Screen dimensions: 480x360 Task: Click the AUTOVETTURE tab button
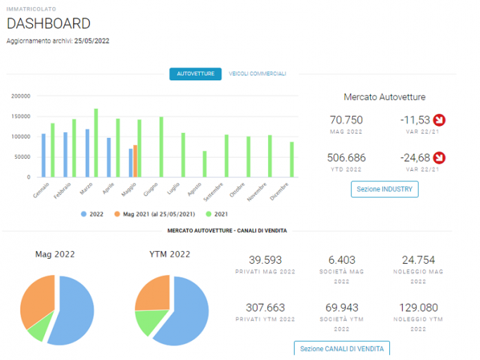tap(195, 74)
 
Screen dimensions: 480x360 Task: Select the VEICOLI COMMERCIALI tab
tap(258, 74)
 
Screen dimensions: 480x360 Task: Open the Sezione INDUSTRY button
tap(384, 189)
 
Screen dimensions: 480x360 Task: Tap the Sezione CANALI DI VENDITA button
tap(341, 348)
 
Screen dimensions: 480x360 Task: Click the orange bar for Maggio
tap(135, 161)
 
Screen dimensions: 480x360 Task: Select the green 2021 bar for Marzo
tap(96, 143)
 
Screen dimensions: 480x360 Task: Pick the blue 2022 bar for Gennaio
tap(44, 155)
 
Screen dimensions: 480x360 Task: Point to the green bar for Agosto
tap(205, 164)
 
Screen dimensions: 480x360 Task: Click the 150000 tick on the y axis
tap(21, 116)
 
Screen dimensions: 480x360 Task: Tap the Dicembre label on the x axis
tap(279, 191)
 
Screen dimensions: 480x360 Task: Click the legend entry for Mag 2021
tap(155, 214)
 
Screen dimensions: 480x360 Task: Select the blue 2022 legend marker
tap(84, 214)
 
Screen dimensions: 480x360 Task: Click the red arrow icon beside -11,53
tap(439, 120)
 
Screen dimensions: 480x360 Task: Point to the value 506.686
tap(346, 157)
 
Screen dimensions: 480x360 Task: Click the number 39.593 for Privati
tap(265, 260)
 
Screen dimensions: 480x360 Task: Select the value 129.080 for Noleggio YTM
tap(418, 308)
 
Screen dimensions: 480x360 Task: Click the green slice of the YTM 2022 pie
tap(151, 322)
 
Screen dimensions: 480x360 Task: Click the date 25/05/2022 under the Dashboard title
tap(91, 41)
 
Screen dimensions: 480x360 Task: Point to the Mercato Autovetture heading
tap(384, 97)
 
